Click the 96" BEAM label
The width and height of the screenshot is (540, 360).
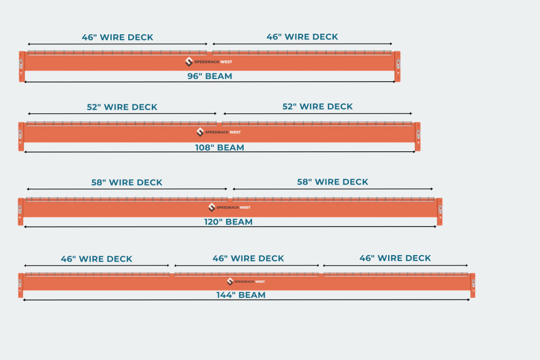[x=209, y=76]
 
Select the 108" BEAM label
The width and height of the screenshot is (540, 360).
[x=219, y=148]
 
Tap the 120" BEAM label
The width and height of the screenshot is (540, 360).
[x=228, y=222]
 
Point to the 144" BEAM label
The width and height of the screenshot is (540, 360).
[x=240, y=295]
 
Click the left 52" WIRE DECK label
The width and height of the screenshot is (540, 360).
[x=122, y=107]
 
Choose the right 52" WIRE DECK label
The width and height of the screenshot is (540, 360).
[x=317, y=106]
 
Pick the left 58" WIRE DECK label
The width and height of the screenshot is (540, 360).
[x=127, y=182]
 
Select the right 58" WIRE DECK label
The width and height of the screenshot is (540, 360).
[x=332, y=182]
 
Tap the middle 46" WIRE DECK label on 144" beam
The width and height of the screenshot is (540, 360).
[x=248, y=258]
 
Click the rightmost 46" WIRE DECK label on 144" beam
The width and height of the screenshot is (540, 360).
[x=395, y=258]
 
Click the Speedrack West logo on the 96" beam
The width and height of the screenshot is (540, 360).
[x=209, y=62]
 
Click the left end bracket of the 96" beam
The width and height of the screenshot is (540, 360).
[x=22, y=66]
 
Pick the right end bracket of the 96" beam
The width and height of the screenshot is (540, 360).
[x=398, y=66]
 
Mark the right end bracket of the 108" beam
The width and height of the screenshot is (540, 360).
[x=418, y=137]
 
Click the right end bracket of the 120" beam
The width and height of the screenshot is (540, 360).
[x=439, y=211]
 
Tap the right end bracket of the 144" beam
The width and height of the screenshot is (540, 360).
[x=472, y=285]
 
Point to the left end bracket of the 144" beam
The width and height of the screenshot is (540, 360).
[x=21, y=285]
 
